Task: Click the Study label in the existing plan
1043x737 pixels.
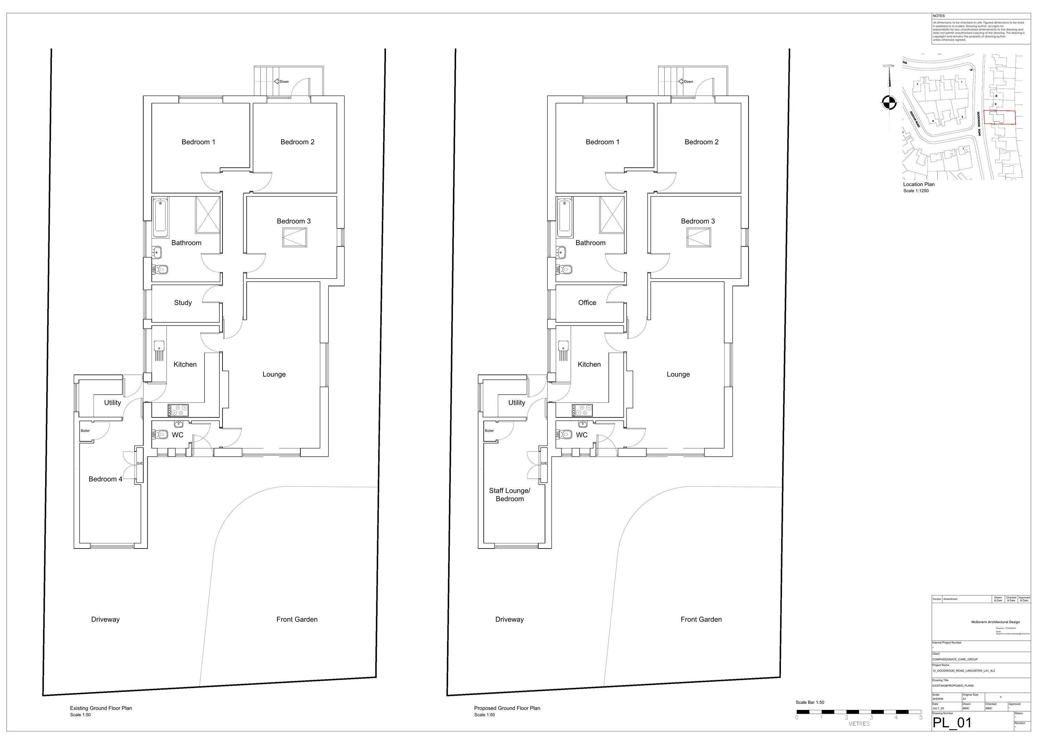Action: point(183,303)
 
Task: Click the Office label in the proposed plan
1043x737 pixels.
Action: point(587,303)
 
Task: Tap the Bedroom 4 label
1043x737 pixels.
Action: point(105,479)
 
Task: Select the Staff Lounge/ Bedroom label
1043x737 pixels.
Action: point(509,495)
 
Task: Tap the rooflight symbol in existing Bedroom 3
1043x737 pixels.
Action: point(294,237)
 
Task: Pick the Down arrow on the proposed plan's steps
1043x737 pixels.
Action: point(682,81)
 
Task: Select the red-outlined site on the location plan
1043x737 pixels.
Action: point(1000,117)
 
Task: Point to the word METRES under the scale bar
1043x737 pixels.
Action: point(859,724)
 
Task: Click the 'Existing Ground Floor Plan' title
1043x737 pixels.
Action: point(101,708)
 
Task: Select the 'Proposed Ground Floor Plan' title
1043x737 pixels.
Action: point(507,708)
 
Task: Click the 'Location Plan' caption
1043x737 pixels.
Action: point(919,184)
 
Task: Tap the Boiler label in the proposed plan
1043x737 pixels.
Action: point(489,431)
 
